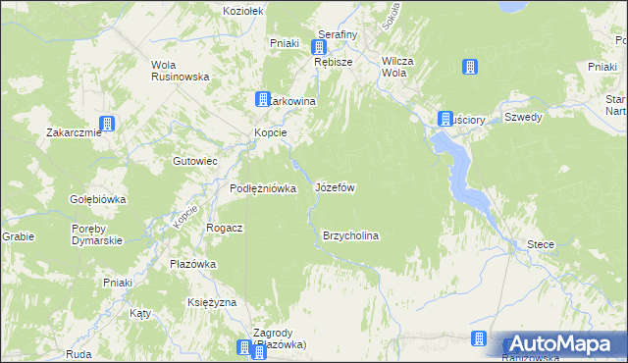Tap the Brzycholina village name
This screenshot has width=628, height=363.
pyautogui.click(x=350, y=236)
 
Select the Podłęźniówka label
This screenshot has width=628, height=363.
pyautogui.click(x=263, y=189)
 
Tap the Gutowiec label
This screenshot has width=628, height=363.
pyautogui.click(x=194, y=160)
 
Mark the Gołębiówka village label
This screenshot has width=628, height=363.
pyautogui.click(x=97, y=199)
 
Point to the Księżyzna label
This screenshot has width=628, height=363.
pyautogui.click(x=212, y=302)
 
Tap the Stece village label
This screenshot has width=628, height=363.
pyautogui.click(x=541, y=243)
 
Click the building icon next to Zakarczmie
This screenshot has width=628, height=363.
pyautogui.click(x=106, y=125)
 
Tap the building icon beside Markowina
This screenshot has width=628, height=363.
pyautogui.click(x=263, y=99)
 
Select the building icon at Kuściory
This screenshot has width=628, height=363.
pyautogui.click(x=445, y=119)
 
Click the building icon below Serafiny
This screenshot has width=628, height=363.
pyautogui.click(x=320, y=46)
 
